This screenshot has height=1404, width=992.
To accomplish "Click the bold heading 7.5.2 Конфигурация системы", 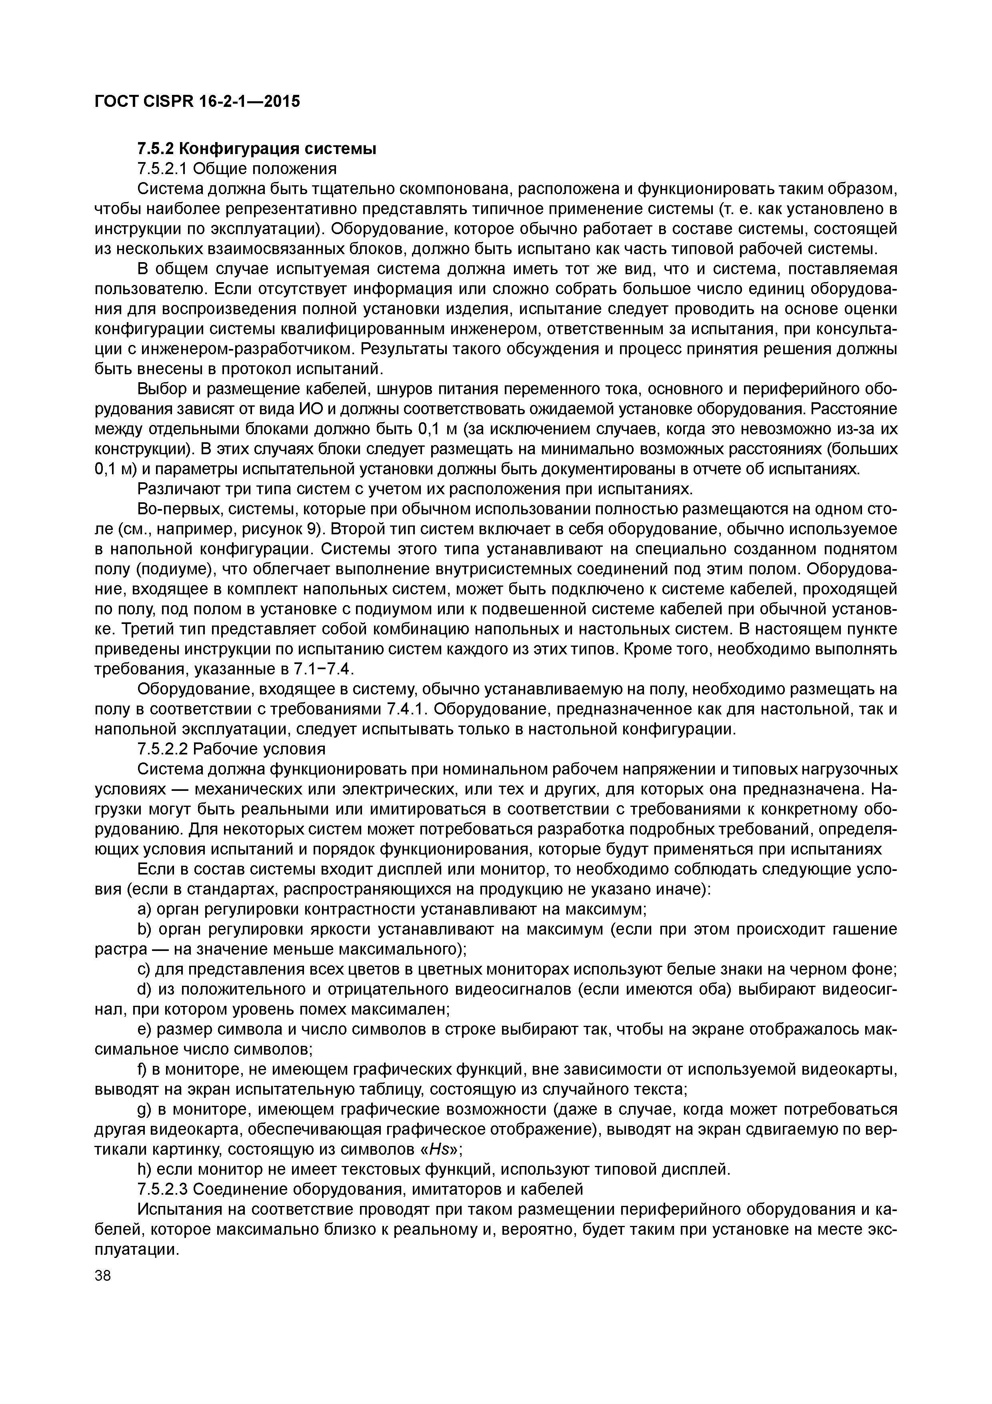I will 257,148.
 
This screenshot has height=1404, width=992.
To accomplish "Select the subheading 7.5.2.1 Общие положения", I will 237,168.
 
